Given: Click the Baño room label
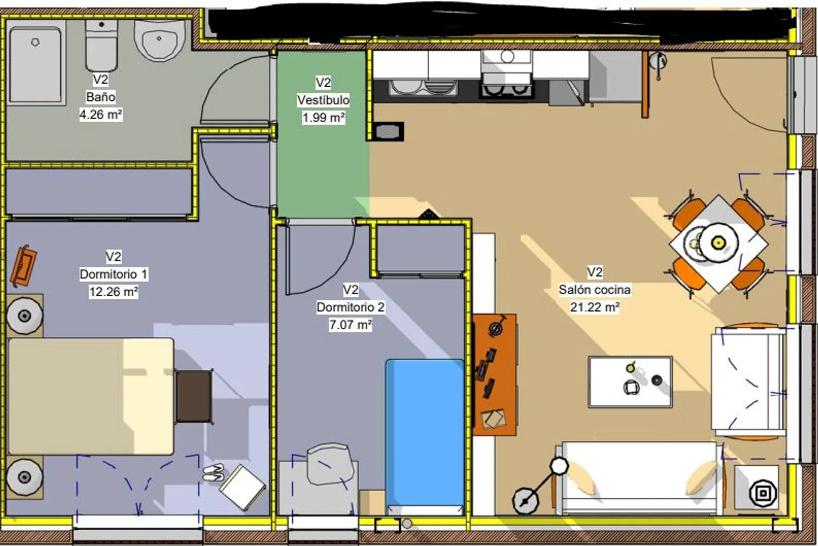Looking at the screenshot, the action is pos(100,97).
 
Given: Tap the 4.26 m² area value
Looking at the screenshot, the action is pos(101,115).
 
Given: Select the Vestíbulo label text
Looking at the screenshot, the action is pos(323,100).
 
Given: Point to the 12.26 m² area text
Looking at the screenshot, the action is pos(113,292).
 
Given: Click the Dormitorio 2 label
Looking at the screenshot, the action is pos(351,307).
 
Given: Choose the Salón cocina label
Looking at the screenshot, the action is pos(595,290).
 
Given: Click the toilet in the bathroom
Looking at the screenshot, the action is pos(101,45).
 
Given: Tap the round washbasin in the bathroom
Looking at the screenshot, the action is pos(159,40).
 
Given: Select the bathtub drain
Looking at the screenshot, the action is pos(35,42).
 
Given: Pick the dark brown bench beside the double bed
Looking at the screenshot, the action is pos(194,396).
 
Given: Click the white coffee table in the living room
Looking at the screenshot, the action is pos(630,382).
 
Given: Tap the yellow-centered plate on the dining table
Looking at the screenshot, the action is pos(718,242).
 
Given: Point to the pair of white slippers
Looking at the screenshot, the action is pos(213,472).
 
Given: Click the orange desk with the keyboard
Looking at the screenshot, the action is pos(495,375).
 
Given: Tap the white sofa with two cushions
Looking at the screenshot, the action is pos(639,478).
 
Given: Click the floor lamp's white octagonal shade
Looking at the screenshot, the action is pos(559,466).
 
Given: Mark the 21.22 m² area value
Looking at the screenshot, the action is pos(595,307).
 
